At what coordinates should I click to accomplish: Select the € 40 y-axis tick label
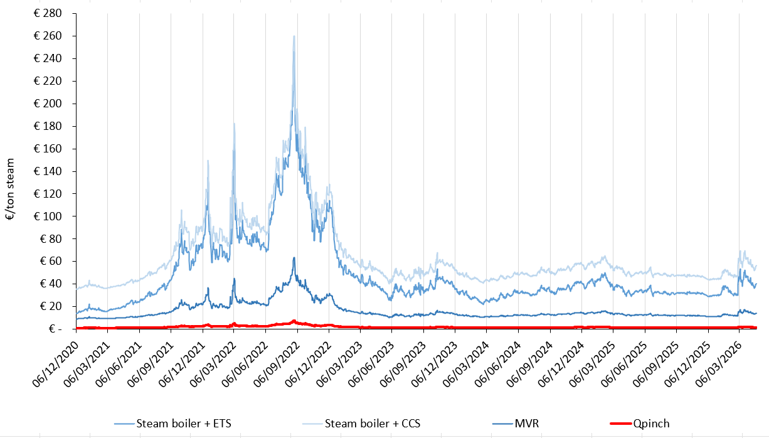pos(48,284)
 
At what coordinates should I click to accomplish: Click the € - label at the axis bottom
pos(51,329)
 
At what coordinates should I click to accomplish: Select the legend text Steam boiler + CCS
pos(372,424)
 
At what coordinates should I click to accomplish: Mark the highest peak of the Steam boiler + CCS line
pos(294,36)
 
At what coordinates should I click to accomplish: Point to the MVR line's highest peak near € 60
pos(294,257)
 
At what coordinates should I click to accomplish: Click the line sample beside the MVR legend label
pos(496,424)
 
